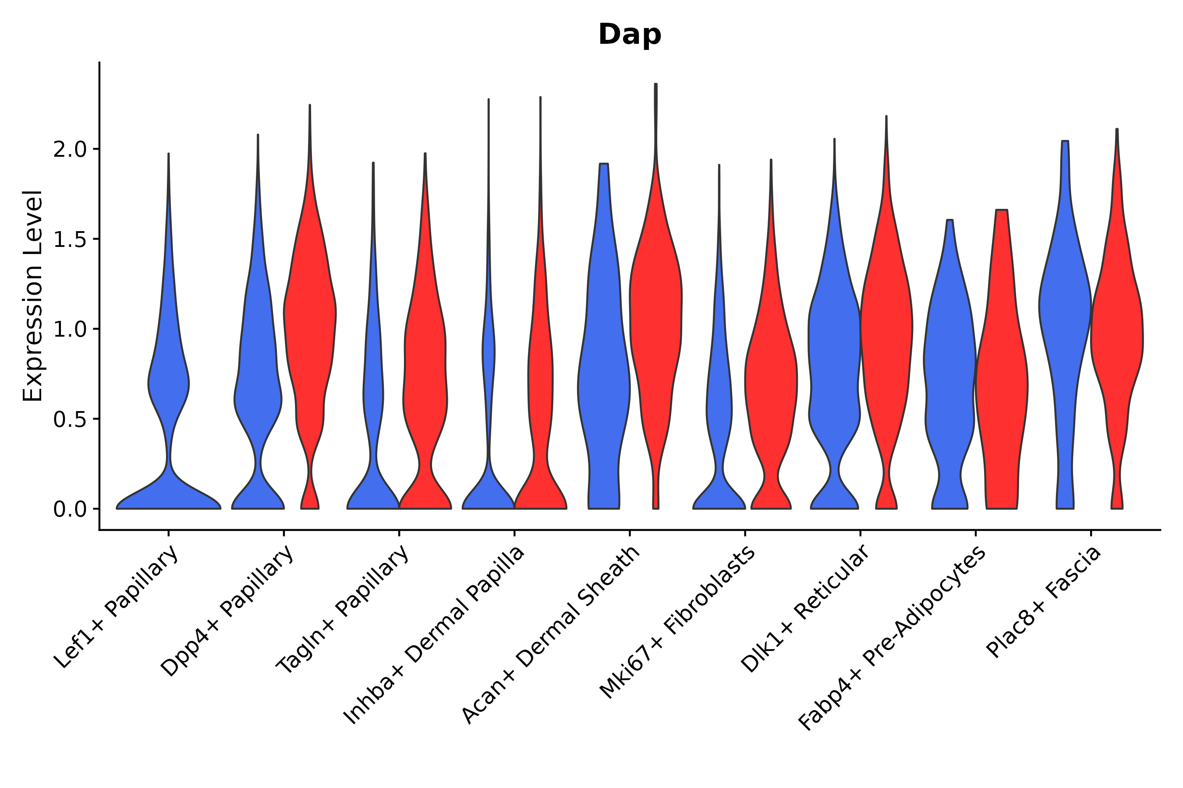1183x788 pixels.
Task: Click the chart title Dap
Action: click(x=629, y=35)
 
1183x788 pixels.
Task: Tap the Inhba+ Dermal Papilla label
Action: click(x=434, y=636)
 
